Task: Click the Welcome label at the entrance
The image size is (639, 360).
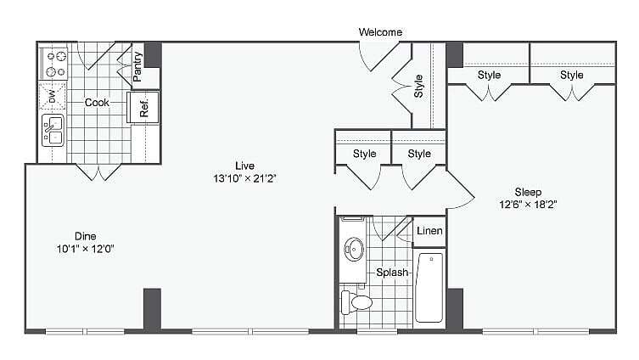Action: point(379,32)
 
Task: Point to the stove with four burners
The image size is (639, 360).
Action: point(54,65)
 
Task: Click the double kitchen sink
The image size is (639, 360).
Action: point(52,131)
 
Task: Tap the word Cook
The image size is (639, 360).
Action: point(97,103)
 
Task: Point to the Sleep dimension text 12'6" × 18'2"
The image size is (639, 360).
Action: point(527,205)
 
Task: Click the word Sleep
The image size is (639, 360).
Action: point(527,192)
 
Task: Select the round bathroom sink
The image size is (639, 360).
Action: point(355,250)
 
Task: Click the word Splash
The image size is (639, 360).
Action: point(393,273)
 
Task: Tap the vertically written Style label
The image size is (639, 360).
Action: point(418,87)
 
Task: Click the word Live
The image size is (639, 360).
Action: point(245,166)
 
